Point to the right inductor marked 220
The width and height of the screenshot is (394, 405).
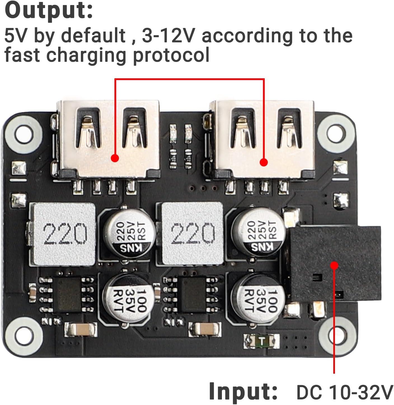coord(193,234)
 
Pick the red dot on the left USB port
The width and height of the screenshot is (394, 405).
coord(115,158)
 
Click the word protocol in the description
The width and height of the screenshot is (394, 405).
coord(171,55)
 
